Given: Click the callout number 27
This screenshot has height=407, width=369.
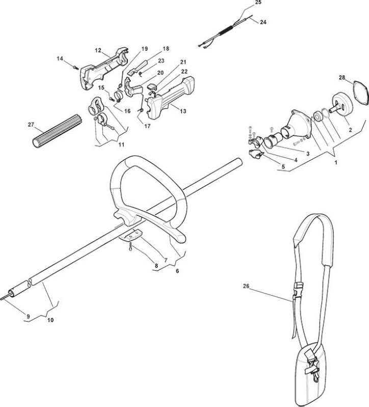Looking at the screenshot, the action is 31,125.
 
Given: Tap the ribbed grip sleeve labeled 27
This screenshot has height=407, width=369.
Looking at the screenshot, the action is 58,131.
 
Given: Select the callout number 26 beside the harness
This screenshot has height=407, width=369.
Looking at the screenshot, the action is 246,286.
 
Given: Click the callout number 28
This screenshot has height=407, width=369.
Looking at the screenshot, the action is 341,77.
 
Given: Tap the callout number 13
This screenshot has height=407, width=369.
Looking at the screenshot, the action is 183,111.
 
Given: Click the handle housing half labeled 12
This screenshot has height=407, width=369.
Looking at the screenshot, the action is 104,68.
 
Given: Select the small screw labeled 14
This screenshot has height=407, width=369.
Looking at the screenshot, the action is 75,68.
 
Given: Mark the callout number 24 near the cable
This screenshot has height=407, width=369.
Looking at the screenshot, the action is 263,22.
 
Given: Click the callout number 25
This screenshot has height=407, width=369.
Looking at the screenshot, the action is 258,3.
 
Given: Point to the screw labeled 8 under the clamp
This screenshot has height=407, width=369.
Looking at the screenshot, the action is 130,246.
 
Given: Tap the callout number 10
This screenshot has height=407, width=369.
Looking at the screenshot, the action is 50,320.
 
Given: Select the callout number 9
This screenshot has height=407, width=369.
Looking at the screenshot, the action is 28,316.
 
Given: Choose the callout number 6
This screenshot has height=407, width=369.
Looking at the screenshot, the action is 177,271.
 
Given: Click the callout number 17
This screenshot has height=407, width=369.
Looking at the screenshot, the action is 147,126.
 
